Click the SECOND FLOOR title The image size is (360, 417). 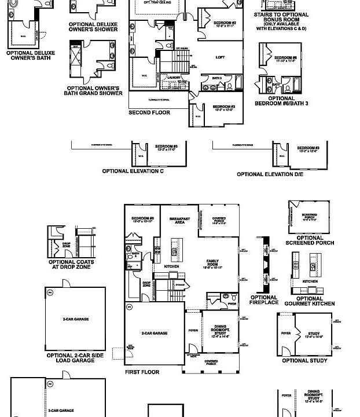(149, 112)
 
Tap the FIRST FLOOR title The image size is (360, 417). (142, 372)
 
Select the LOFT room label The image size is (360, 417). (220, 57)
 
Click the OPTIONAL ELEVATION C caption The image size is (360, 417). (133, 171)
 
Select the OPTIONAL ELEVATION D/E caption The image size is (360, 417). (270, 174)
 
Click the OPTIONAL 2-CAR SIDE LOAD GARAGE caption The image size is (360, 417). (74, 357)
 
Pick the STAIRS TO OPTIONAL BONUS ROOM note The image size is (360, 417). (282, 21)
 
